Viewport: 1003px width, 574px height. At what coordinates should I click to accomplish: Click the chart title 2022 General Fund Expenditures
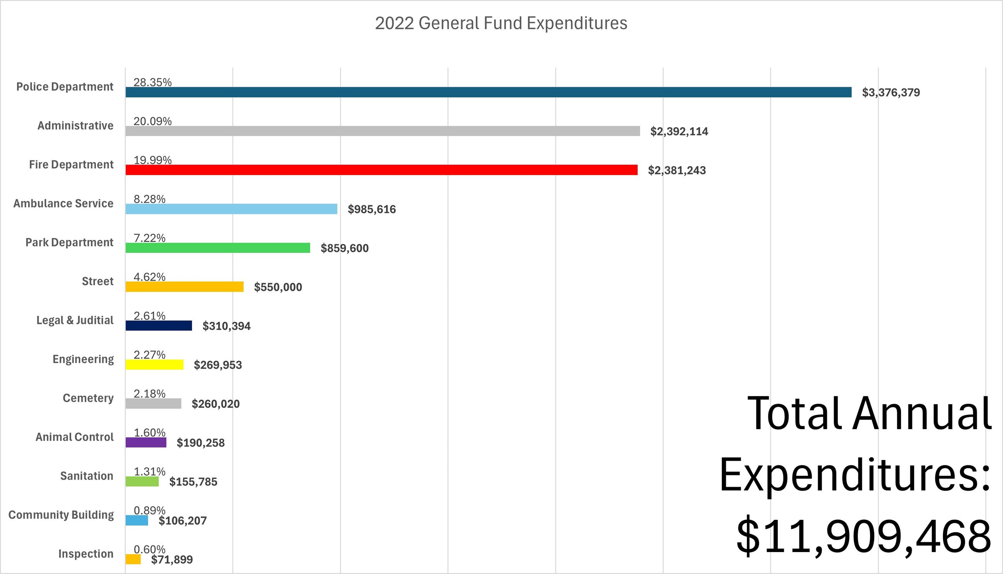tap(501, 23)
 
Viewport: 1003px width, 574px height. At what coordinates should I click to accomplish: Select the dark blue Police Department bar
tap(488, 92)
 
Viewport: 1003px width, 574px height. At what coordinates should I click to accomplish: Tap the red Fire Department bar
tap(382, 170)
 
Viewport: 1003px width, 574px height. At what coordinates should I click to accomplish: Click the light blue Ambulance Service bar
tap(231, 209)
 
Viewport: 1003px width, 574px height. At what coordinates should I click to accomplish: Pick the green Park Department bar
tap(218, 248)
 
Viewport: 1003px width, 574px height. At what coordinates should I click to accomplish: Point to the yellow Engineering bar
tap(154, 365)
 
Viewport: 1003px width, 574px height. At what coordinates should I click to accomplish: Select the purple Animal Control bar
tap(146, 442)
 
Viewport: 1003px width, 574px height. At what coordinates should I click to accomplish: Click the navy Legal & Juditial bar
tap(159, 326)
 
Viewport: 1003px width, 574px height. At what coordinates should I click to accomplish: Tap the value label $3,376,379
tap(891, 93)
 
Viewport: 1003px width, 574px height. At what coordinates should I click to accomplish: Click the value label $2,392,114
tap(679, 132)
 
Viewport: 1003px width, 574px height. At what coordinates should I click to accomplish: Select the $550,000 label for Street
tap(278, 288)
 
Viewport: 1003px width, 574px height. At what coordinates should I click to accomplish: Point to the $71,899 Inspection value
tap(172, 560)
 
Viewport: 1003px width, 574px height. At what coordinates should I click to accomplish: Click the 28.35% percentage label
tap(153, 82)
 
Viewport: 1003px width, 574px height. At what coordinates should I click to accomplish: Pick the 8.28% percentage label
tap(149, 199)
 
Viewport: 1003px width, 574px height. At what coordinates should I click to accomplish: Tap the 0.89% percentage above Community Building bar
tap(149, 510)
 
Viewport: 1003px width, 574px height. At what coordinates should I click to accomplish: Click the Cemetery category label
tap(88, 398)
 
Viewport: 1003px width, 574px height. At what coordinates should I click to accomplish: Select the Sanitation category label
tap(86, 476)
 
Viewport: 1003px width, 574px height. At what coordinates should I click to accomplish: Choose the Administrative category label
tap(75, 126)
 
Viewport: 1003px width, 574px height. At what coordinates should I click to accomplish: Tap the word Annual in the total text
tap(922, 414)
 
